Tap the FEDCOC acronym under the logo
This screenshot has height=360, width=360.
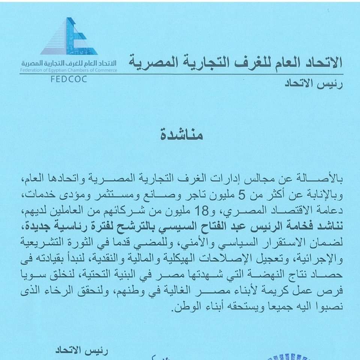[x=69, y=79]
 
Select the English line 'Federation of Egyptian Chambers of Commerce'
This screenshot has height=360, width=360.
[x=69, y=70]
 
